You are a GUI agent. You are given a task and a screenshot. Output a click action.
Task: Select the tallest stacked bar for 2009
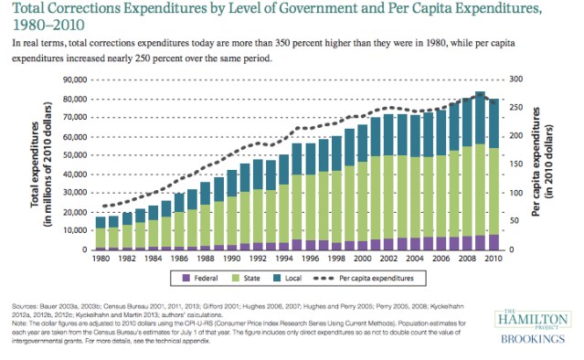[x=480, y=170]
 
